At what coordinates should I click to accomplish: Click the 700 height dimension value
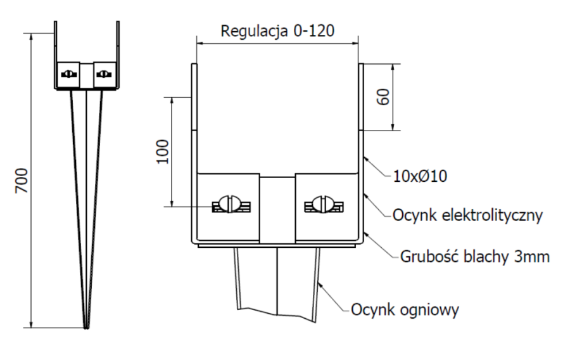point(22,181)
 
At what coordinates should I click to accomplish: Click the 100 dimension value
point(163,151)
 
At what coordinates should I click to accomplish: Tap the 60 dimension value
point(384,97)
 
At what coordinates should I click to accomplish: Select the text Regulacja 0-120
point(277,31)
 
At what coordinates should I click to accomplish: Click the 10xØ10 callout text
point(421,176)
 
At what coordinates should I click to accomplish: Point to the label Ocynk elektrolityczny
point(467,215)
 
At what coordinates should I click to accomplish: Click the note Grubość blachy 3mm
point(475,256)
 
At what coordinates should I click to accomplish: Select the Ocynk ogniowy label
point(405,310)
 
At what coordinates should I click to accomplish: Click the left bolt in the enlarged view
point(232,204)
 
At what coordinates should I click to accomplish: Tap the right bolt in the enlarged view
point(324,204)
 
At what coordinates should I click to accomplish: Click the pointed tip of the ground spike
point(86,328)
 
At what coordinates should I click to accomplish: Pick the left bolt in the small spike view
point(68,74)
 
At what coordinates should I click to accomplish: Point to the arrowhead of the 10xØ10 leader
point(365,157)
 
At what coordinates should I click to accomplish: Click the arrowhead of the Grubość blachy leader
point(365,233)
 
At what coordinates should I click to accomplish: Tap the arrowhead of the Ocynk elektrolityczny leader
point(365,193)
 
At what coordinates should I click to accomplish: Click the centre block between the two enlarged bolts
point(277,210)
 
